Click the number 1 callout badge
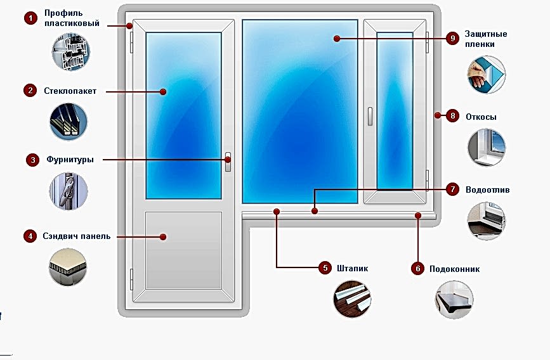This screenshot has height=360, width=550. [x=30, y=18]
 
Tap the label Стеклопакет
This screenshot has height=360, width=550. [x=70, y=91]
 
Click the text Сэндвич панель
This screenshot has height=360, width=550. [x=77, y=236]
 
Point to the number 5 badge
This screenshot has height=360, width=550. [x=325, y=268]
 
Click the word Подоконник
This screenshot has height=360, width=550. [x=454, y=269]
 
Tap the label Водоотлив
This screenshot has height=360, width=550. [x=487, y=190]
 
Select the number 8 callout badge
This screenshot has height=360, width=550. [x=452, y=116]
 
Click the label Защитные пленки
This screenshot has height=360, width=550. [x=485, y=39]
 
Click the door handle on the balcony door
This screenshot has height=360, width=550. [x=228, y=161]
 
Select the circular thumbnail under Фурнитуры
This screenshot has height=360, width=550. [x=69, y=192]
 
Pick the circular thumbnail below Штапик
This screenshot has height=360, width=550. [x=353, y=297]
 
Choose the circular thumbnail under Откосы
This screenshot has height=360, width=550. [x=487, y=147]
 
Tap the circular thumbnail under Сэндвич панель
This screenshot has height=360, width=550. [x=68, y=267]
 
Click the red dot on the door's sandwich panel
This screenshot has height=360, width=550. [x=163, y=237]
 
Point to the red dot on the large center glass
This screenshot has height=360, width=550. [x=337, y=39]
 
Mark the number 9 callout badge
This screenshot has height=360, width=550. [x=452, y=39]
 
